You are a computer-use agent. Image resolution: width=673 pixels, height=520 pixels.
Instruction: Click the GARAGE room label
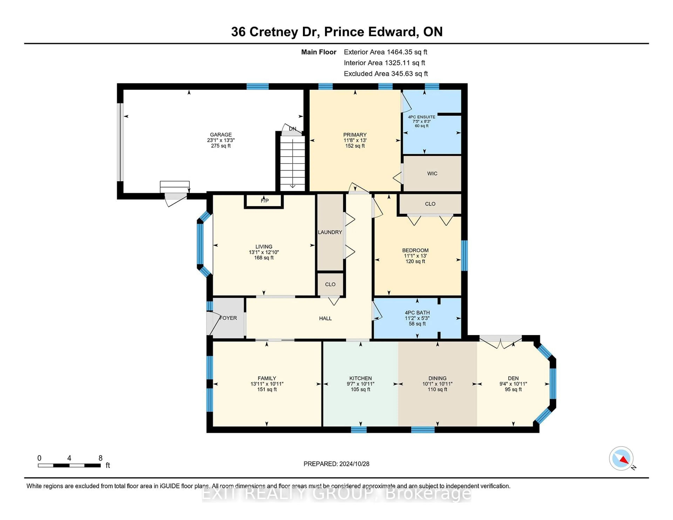point(221,135)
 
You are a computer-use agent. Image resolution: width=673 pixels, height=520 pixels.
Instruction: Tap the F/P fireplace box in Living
point(264,201)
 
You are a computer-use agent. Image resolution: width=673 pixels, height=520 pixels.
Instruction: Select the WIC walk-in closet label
point(432,173)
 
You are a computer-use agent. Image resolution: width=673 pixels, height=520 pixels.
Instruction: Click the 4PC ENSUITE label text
point(421,117)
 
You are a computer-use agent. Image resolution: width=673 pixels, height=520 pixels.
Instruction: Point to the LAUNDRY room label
point(330,232)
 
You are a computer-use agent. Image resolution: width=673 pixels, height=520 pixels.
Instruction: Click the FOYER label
point(228,318)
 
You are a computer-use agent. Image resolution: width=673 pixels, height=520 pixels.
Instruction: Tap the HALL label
point(325,318)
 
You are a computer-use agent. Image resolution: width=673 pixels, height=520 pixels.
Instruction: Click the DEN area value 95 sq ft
point(513,389)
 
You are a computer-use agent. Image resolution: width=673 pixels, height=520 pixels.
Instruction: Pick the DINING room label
point(437,378)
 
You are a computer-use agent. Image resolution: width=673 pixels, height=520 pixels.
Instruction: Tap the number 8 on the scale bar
point(100,458)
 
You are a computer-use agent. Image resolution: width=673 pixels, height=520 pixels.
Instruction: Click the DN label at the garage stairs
point(293,129)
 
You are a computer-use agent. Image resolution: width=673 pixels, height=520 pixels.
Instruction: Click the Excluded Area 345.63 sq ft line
point(386,74)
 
